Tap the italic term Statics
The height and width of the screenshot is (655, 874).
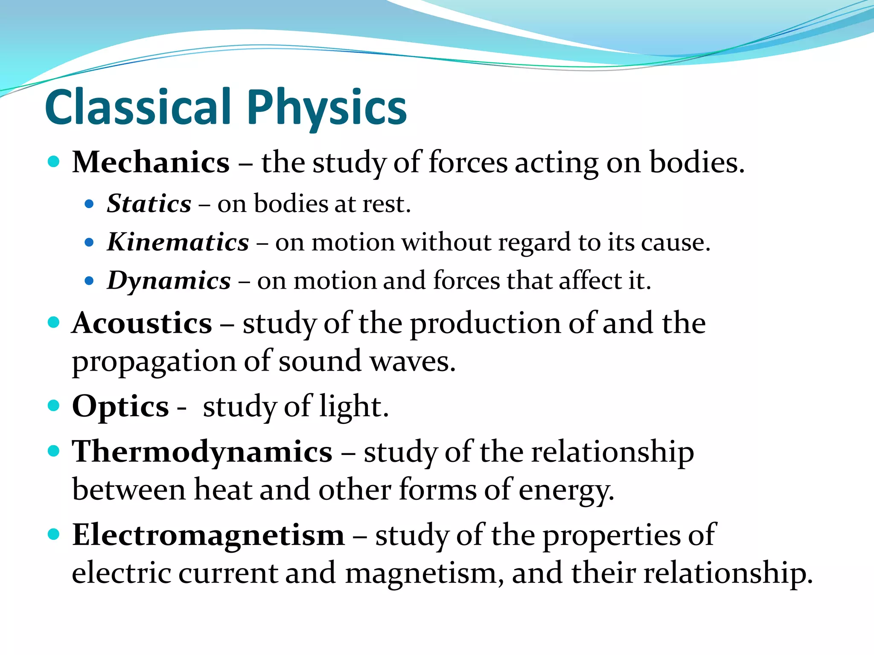(149, 203)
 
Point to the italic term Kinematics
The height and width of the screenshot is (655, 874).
(178, 242)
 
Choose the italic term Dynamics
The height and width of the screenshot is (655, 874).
(169, 281)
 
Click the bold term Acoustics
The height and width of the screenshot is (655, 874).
(142, 323)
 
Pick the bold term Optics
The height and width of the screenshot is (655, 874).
(120, 406)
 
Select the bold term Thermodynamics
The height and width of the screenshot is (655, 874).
(202, 452)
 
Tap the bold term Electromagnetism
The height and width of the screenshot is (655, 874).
(208, 535)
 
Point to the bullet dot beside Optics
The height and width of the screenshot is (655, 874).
(53, 406)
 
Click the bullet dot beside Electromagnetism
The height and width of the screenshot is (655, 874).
(53, 534)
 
